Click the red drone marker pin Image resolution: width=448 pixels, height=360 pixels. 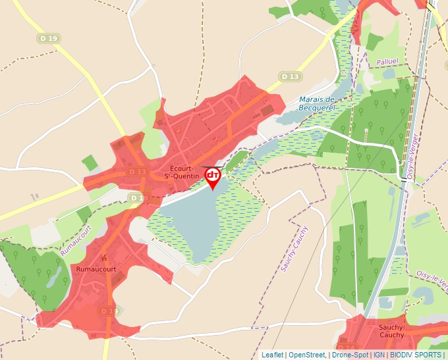[x=213, y=176]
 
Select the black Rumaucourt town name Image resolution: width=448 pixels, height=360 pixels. [x=96, y=269]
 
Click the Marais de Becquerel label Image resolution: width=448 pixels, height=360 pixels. [x=318, y=103]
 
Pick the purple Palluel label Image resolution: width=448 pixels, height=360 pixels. [x=387, y=62]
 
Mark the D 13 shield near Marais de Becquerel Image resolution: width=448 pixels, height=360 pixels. [x=290, y=77]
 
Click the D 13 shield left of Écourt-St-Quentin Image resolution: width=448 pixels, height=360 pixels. [x=137, y=172]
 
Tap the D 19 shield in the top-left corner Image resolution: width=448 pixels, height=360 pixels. [x=49, y=39]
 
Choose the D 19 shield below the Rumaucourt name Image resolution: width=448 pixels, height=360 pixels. [x=109, y=311]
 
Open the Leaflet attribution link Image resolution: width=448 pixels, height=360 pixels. [x=272, y=355]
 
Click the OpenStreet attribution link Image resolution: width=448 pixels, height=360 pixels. [x=306, y=355]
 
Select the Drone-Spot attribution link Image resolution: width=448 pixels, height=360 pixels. [x=350, y=355]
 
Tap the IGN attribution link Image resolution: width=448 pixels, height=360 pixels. [x=379, y=355]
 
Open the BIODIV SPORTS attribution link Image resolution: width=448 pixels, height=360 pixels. [x=416, y=355]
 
